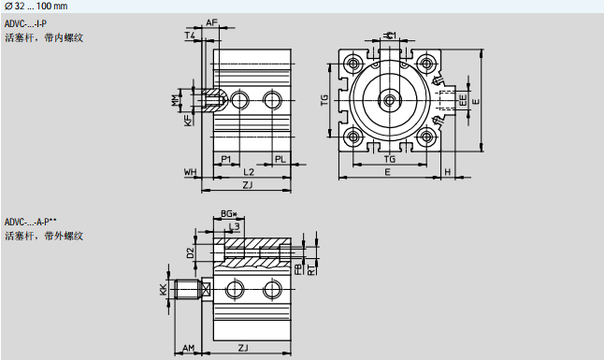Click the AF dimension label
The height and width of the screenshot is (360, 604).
click(x=211, y=22)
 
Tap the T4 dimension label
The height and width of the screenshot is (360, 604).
click(x=191, y=36)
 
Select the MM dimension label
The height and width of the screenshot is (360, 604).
click(x=176, y=100)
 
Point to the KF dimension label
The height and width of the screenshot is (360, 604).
click(x=188, y=120)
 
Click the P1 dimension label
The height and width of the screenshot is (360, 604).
click(x=226, y=159)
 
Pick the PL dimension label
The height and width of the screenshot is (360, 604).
click(x=280, y=159)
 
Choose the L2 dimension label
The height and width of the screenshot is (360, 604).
click(x=249, y=172)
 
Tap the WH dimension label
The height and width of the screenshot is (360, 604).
click(x=191, y=172)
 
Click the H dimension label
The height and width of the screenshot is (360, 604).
click(x=448, y=172)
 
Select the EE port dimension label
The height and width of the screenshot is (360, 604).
click(x=463, y=100)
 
